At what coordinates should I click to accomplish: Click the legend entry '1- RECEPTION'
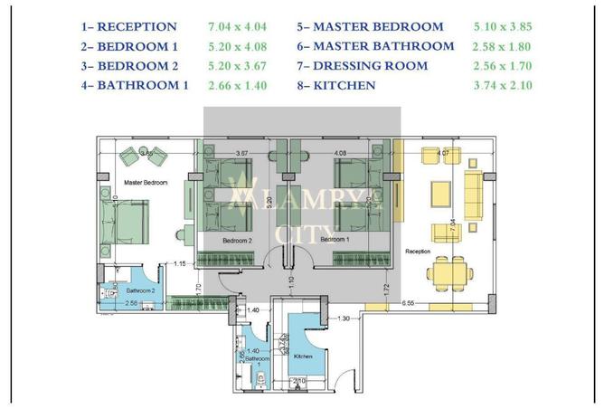point(128,27)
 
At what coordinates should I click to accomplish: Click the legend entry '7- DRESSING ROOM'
point(365,66)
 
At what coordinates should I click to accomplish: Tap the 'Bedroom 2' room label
point(237,241)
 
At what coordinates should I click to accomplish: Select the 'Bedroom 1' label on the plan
point(334,240)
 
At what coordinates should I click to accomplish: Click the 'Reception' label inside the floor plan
point(418,251)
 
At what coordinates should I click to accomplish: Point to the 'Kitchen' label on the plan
point(303,357)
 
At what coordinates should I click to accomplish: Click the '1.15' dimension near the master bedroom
point(180,264)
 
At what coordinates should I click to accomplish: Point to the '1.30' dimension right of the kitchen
point(344,318)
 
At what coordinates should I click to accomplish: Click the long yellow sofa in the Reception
point(472,194)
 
